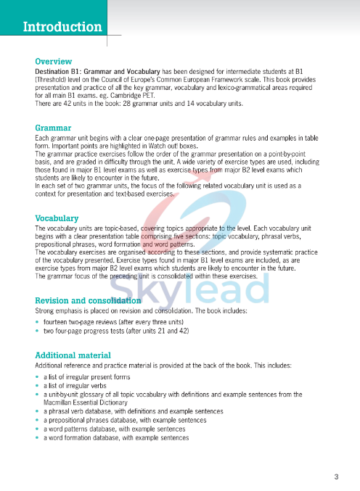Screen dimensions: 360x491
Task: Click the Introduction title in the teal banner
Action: coord(62,28)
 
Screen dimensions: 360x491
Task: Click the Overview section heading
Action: coord(54,62)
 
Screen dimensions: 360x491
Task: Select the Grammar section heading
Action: coord(53,128)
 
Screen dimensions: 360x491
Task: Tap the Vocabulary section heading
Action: coord(57,218)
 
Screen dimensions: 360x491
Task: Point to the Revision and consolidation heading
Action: coord(88,300)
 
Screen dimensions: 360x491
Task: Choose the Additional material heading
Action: coord(73,355)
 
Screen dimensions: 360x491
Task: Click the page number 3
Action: coord(336,476)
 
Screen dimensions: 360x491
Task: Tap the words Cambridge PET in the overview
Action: coord(134,96)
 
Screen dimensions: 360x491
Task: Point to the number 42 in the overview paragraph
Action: coord(77,104)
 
